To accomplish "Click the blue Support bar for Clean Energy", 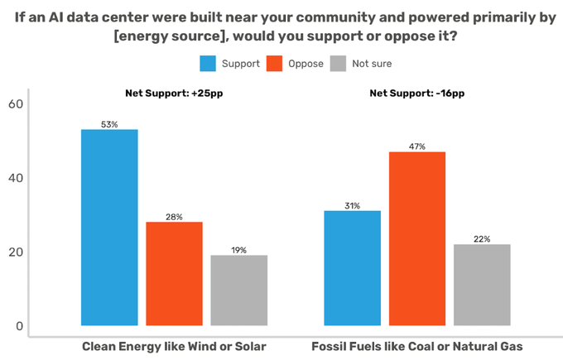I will (109, 228).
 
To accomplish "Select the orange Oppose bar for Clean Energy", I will (174, 274).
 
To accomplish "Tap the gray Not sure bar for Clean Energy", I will (238, 290).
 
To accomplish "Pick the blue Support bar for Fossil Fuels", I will (352, 268).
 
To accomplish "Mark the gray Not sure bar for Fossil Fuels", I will (482, 285).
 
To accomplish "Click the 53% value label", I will (109, 124).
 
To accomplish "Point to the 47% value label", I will (417, 146).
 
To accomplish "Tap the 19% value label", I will (238, 250).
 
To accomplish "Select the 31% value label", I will (352, 206).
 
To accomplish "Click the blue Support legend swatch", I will (208, 63).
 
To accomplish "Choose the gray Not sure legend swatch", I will (338, 63).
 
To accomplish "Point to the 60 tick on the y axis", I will (16, 103).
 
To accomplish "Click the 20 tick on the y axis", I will (16, 252).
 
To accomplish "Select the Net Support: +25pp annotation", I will (174, 93).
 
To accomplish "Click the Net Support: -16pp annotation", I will (417, 93).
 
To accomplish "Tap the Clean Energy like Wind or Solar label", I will (174, 345).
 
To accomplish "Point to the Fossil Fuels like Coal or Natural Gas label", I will (417, 345).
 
